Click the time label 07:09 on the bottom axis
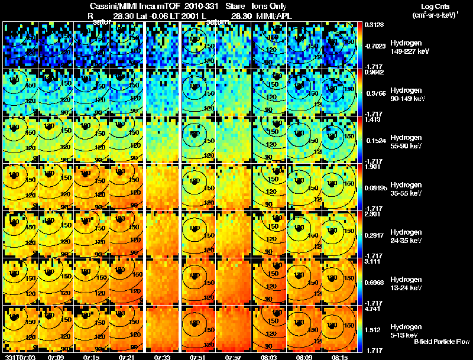coord(56,357)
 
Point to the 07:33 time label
coord(163,357)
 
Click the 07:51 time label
coord(198,357)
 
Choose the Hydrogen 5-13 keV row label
coord(406,330)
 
